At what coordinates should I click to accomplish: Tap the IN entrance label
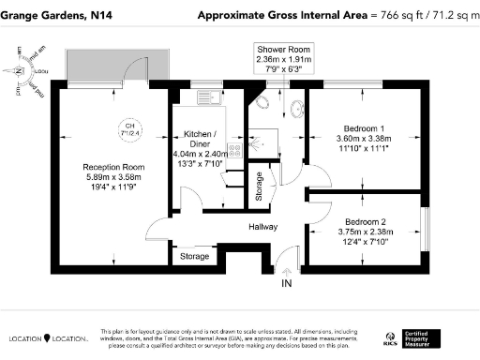click(x=286, y=282)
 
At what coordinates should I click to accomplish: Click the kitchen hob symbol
click(x=237, y=148)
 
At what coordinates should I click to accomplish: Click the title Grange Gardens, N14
click(x=61, y=15)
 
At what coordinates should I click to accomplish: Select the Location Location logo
click(x=48, y=337)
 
